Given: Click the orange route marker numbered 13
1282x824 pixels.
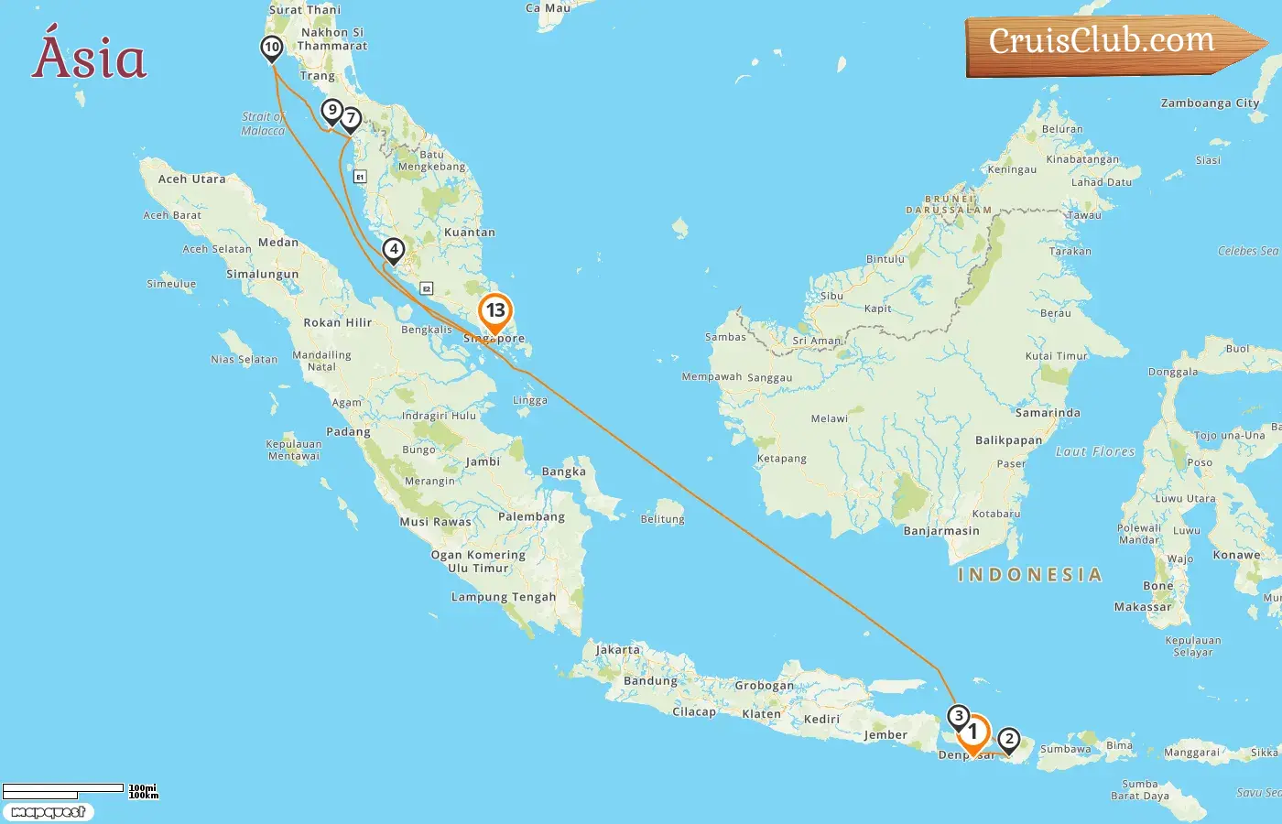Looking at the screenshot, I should (495, 311).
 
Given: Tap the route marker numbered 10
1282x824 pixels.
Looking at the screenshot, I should (271, 48).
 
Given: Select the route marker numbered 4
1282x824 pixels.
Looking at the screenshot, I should (393, 249).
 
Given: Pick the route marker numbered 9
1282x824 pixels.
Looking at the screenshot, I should (331, 111).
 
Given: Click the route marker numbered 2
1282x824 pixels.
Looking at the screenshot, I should (1008, 739).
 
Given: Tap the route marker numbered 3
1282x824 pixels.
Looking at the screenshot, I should (958, 716).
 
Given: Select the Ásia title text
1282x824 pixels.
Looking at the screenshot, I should (90, 57).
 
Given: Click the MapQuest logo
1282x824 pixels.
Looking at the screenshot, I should (48, 811).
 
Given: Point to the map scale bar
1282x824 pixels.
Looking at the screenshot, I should (64, 790).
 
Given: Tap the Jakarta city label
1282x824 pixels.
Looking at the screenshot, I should (618, 650).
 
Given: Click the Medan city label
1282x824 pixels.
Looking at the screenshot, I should (278, 243).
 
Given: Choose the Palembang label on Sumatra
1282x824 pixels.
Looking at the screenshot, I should (531, 516).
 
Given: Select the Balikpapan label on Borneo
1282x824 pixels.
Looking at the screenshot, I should (1008, 440).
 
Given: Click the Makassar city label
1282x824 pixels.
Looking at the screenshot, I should (1142, 606).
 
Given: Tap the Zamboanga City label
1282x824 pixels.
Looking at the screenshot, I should (1210, 103).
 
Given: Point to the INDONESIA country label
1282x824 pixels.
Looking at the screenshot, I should (1029, 575).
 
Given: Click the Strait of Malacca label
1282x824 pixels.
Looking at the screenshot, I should (263, 124).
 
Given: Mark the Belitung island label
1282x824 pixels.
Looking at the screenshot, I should (662, 519).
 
